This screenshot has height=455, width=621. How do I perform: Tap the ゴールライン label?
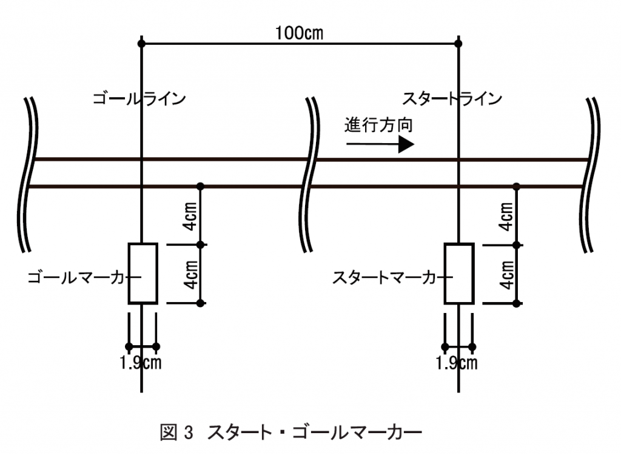139,98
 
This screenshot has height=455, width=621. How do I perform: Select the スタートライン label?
453,98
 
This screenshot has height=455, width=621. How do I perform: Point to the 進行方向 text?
379,126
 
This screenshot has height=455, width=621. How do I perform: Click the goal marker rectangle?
143,273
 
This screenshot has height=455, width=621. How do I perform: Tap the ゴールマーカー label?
82,278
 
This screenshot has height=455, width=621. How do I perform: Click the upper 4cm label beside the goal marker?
190,216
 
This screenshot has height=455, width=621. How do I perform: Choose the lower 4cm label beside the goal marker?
190,274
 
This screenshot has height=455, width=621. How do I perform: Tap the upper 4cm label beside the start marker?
506,216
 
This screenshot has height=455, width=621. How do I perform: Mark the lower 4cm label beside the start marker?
506,274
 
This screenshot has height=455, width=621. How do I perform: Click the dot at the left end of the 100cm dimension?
141,44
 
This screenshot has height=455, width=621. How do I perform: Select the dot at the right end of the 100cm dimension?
459,44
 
